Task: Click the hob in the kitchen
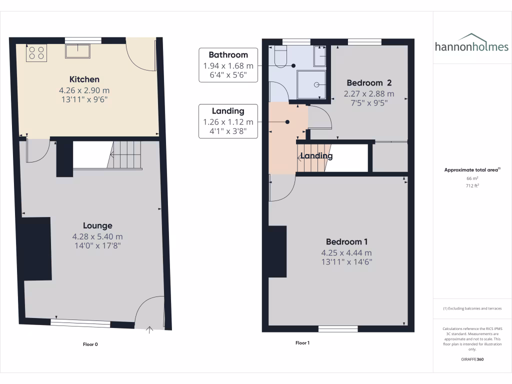point(36,53)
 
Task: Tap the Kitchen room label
point(84,79)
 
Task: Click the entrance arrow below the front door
point(149,329)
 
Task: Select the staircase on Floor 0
point(125,154)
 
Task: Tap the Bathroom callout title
point(228,55)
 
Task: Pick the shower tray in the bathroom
point(312,84)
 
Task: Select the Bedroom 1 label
point(346,242)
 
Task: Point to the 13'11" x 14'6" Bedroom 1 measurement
point(346,262)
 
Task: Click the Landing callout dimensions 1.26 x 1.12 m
point(228,122)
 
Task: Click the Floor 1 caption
point(302,343)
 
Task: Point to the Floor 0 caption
point(90,344)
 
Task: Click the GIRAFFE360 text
point(472,359)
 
